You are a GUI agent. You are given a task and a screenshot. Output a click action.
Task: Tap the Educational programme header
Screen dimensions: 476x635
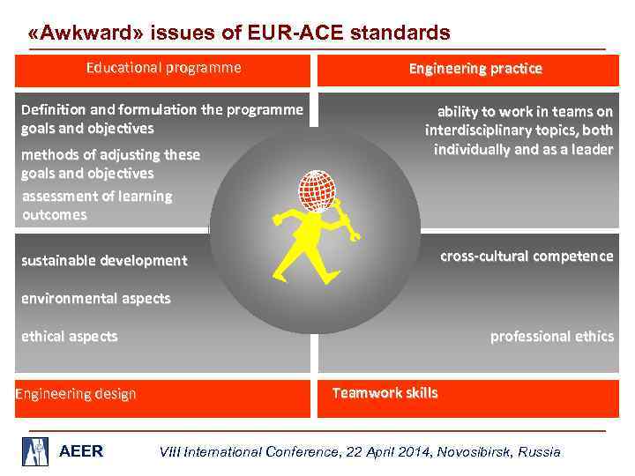163,68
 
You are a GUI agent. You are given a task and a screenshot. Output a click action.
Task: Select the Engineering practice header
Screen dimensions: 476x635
475,68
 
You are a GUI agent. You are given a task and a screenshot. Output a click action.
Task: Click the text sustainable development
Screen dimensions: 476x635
104,260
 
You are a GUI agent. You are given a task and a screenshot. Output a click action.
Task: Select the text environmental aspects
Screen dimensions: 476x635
95,298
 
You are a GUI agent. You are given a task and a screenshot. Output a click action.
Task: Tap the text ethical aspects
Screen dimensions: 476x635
69,336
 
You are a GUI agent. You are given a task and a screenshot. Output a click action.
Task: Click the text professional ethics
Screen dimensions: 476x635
551,336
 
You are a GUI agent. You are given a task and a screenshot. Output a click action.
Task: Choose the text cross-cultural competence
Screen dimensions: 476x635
527,256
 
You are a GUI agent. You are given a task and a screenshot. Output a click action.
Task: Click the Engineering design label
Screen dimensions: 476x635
76,394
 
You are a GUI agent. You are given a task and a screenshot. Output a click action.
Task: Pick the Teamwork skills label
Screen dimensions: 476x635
385,393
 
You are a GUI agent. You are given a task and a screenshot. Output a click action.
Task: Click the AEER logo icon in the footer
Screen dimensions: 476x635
35,451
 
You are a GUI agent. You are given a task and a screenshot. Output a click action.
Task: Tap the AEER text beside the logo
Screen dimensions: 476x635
81,451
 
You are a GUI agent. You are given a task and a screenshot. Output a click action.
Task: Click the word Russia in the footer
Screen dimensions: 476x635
539,451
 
